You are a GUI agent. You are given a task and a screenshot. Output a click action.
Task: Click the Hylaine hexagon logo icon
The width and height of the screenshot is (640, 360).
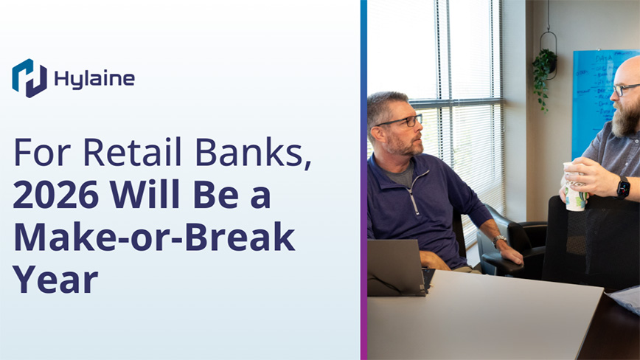point(29,78)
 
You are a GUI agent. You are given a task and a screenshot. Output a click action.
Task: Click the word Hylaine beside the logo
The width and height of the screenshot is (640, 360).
point(94,79)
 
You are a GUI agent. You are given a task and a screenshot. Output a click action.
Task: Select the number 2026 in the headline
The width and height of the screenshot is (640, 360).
point(56,194)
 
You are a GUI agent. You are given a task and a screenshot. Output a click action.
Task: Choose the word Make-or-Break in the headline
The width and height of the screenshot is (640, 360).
point(154,237)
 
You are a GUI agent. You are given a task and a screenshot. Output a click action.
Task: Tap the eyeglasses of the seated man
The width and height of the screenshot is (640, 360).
point(399,121)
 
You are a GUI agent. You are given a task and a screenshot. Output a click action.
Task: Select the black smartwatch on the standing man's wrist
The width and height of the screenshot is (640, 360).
point(623,187)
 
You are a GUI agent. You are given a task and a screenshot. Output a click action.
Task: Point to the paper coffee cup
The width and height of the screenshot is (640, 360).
point(574,187)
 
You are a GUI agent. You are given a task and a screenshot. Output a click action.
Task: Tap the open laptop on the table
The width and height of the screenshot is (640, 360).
point(396,268)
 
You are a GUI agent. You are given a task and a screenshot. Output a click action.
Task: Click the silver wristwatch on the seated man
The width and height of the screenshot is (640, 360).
point(498,240)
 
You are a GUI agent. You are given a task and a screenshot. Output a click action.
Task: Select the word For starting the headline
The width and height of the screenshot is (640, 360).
point(43,152)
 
